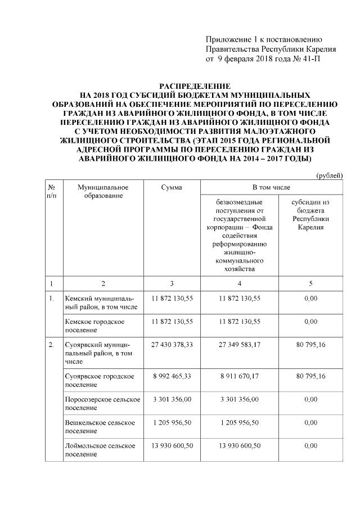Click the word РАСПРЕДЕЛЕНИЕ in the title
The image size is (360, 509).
click(x=194, y=86)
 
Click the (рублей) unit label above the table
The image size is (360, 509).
click(x=329, y=176)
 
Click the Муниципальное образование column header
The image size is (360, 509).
click(x=103, y=191)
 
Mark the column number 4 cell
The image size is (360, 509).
click(x=240, y=283)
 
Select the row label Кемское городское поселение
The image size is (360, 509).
click(x=94, y=326)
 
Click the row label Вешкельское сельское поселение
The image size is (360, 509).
click(x=99, y=426)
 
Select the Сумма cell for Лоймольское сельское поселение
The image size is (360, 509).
click(x=172, y=445)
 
